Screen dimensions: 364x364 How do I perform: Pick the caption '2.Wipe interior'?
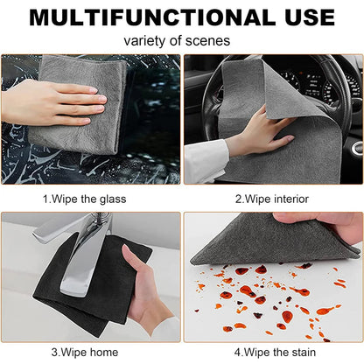[x=272, y=199]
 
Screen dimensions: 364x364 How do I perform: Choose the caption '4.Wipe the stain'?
[x=272, y=352]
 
